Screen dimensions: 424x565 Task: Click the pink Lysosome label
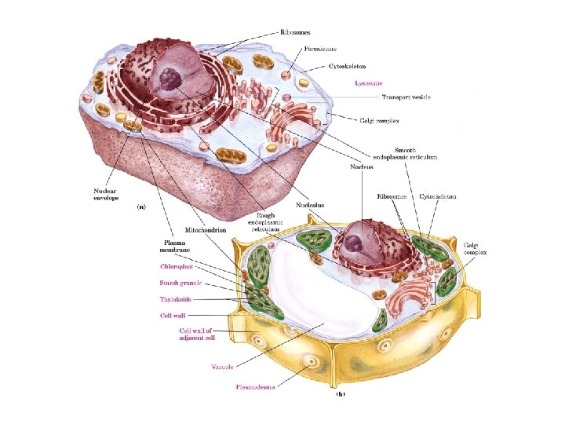pyautogui.click(x=368, y=82)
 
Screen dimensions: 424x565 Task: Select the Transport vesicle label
pyautogui.click(x=406, y=97)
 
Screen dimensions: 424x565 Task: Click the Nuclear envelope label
pyautogui.click(x=105, y=194)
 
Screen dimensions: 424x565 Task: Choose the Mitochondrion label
pyautogui.click(x=205, y=230)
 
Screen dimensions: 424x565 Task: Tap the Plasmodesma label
pyautogui.click(x=255, y=386)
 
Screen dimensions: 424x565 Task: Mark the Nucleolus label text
pyautogui.click(x=309, y=205)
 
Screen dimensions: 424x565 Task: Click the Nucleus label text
pyautogui.click(x=361, y=166)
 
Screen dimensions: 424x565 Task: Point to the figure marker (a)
pyautogui.click(x=142, y=207)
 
